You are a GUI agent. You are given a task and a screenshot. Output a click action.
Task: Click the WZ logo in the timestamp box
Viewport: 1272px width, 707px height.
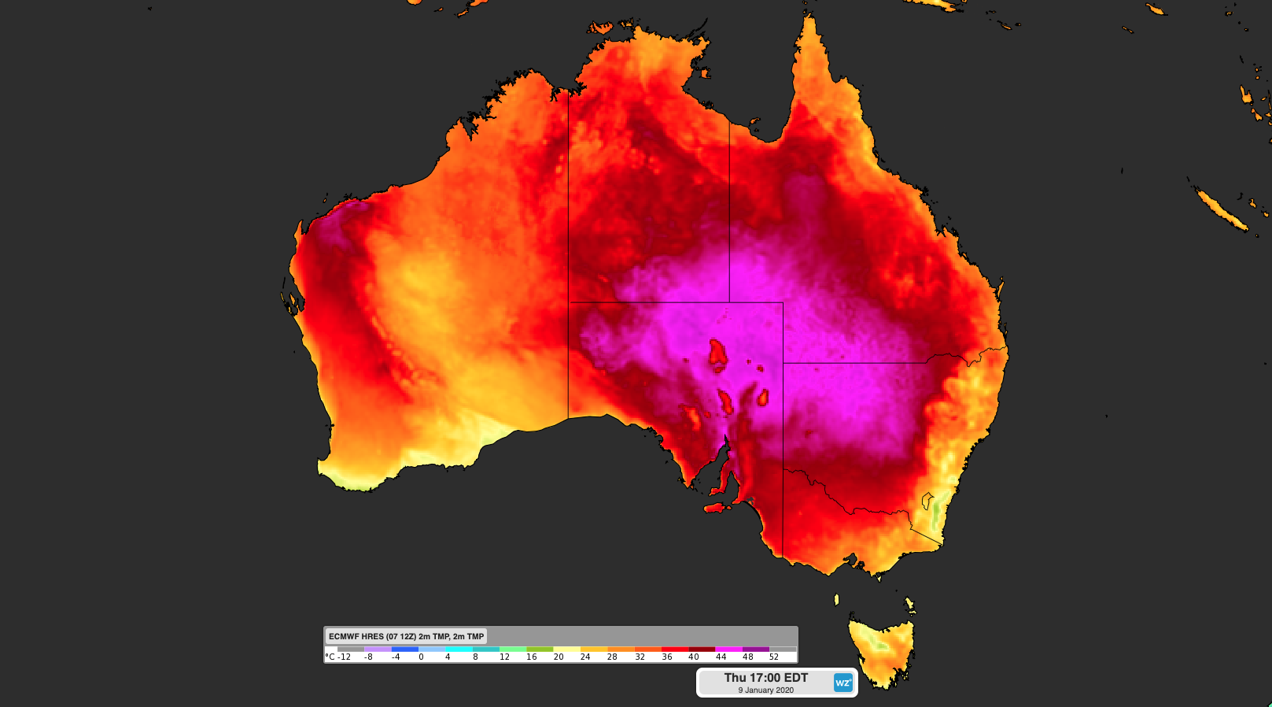[842, 683]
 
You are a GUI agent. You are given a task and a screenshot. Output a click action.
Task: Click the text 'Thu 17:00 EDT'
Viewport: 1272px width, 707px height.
[765, 677]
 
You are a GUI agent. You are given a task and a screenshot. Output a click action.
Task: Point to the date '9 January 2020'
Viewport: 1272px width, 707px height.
[765, 690]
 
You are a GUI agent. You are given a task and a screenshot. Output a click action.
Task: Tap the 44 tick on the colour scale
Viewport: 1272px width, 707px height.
[721, 657]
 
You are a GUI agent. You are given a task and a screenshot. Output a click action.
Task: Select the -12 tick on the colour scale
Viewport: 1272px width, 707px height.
[345, 657]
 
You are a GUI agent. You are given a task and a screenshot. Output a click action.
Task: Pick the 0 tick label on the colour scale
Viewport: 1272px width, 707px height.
[421, 657]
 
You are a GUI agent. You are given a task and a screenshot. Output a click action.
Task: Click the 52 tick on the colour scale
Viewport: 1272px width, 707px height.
[774, 657]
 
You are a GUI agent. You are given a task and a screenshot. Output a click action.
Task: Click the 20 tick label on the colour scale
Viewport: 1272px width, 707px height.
[559, 657]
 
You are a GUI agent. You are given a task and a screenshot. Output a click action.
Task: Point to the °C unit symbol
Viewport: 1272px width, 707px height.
[330, 657]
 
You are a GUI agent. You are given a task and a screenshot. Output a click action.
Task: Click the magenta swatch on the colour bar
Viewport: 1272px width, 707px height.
[729, 650]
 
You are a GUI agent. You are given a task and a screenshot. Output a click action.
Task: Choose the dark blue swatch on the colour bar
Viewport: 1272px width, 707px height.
[404, 650]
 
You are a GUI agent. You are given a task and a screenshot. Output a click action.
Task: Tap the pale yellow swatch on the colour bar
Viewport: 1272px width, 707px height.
[566, 650]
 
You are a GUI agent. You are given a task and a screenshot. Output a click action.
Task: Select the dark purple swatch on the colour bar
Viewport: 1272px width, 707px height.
[756, 650]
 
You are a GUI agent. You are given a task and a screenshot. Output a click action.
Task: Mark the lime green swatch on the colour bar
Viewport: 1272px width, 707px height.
[540, 650]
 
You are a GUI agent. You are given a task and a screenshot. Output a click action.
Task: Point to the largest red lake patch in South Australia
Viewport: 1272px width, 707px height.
[717, 355]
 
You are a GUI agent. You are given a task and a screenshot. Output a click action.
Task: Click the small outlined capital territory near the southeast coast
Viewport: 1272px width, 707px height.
[928, 500]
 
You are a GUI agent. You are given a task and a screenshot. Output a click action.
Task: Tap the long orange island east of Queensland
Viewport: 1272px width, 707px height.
[1220, 208]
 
